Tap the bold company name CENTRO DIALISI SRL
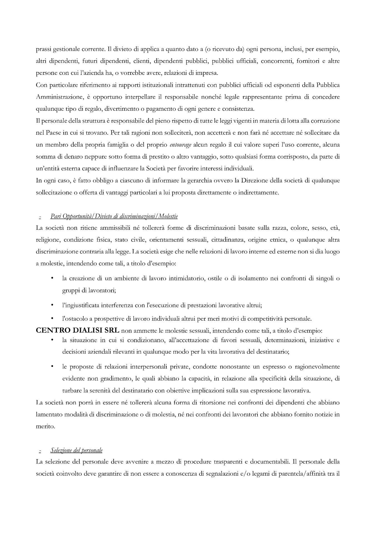pyautogui.click(x=78, y=330)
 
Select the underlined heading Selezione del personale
pyautogui.click(x=76, y=450)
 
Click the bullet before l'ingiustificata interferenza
pyautogui.click(x=52, y=305)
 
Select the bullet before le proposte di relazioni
pyautogui.click(x=52, y=367)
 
